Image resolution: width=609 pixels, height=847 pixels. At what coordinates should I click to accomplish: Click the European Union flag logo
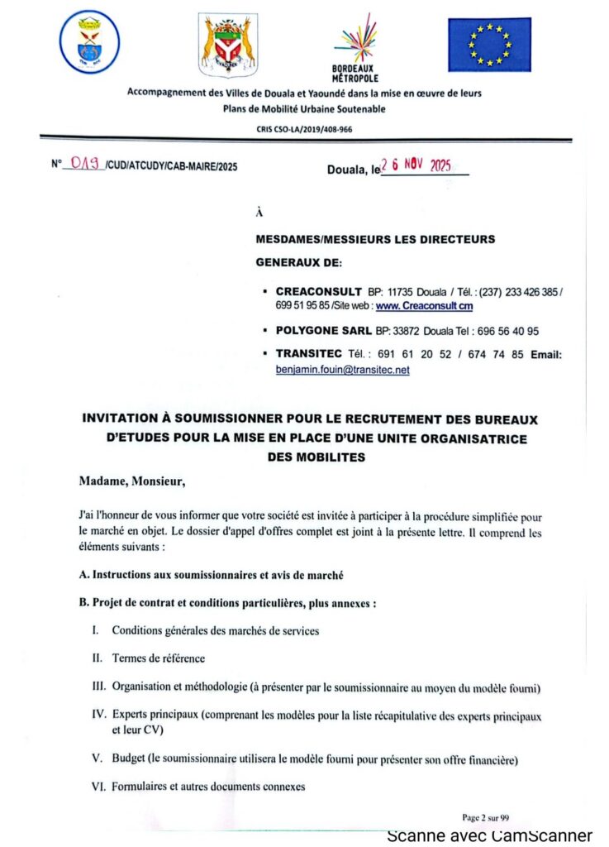(489, 45)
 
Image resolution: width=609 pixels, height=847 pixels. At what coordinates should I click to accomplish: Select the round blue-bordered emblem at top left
(90, 41)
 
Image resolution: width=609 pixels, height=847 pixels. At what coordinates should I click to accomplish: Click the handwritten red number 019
(85, 164)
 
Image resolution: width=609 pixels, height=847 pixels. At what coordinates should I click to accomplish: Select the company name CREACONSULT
(318, 292)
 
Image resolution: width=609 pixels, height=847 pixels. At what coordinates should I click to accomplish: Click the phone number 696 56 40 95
(504, 331)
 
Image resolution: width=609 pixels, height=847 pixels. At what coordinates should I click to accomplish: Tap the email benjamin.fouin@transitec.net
(342, 371)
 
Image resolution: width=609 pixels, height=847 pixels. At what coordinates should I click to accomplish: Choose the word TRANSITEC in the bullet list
(308, 355)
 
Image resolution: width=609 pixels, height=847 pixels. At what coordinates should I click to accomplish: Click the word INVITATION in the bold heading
(126, 419)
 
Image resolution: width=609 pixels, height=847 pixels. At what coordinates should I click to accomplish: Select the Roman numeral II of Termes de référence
(96, 658)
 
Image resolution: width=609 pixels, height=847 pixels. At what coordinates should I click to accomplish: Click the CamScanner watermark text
(489, 835)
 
